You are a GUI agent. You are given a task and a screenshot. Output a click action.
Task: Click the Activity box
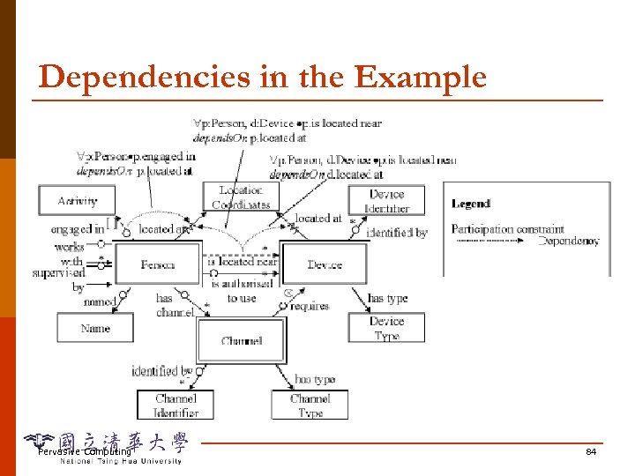pyautogui.click(x=78, y=200)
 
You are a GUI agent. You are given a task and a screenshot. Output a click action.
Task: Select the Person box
pyautogui.click(x=158, y=264)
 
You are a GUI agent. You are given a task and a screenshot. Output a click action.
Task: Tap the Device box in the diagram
pyautogui.click(x=324, y=264)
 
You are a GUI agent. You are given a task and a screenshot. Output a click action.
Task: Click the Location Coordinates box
pyautogui.click(x=240, y=197)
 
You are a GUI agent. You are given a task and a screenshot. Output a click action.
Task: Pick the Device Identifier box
pyautogui.click(x=386, y=201)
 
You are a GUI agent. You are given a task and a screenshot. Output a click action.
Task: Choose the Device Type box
pyautogui.click(x=386, y=328)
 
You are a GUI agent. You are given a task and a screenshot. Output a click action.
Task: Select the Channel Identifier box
pyautogui.click(x=176, y=405)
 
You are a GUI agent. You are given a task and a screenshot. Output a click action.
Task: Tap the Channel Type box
pyautogui.click(x=310, y=405)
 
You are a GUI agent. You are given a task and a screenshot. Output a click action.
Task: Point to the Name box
pyautogui.click(x=95, y=328)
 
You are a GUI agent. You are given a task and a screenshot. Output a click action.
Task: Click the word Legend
pyautogui.click(x=471, y=204)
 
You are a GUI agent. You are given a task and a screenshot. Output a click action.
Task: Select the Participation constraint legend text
pyautogui.click(x=507, y=229)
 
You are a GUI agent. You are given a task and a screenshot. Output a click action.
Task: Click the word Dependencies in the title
pyautogui.click(x=132, y=78)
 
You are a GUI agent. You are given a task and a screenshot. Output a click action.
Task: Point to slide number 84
pyautogui.click(x=591, y=452)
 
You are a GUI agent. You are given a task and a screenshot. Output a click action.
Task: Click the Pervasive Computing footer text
pyautogui.click(x=84, y=452)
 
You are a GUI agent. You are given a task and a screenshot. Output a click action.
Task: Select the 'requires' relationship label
pyautogui.click(x=309, y=306)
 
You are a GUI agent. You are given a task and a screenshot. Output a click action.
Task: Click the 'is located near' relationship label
pyautogui.click(x=243, y=262)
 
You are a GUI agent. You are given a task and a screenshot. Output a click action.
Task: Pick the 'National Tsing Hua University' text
pyautogui.click(x=121, y=461)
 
